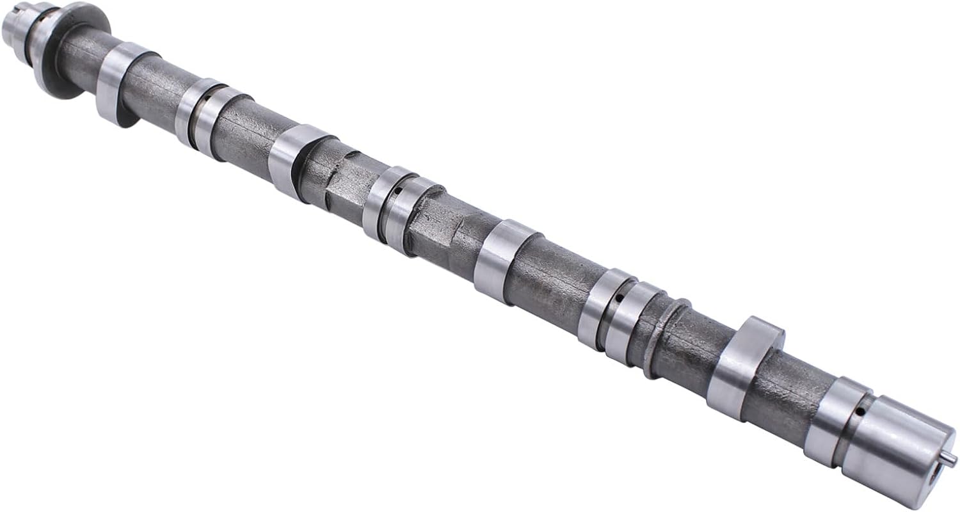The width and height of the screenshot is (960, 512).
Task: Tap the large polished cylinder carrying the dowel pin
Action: click(x=896, y=448)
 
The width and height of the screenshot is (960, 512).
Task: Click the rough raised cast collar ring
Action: click(x=666, y=336)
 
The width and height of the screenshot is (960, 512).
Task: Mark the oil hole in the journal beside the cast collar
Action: click(x=619, y=298)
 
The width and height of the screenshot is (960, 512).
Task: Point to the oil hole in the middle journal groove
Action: click(x=398, y=190)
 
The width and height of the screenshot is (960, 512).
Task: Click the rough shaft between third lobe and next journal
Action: click(x=550, y=282)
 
